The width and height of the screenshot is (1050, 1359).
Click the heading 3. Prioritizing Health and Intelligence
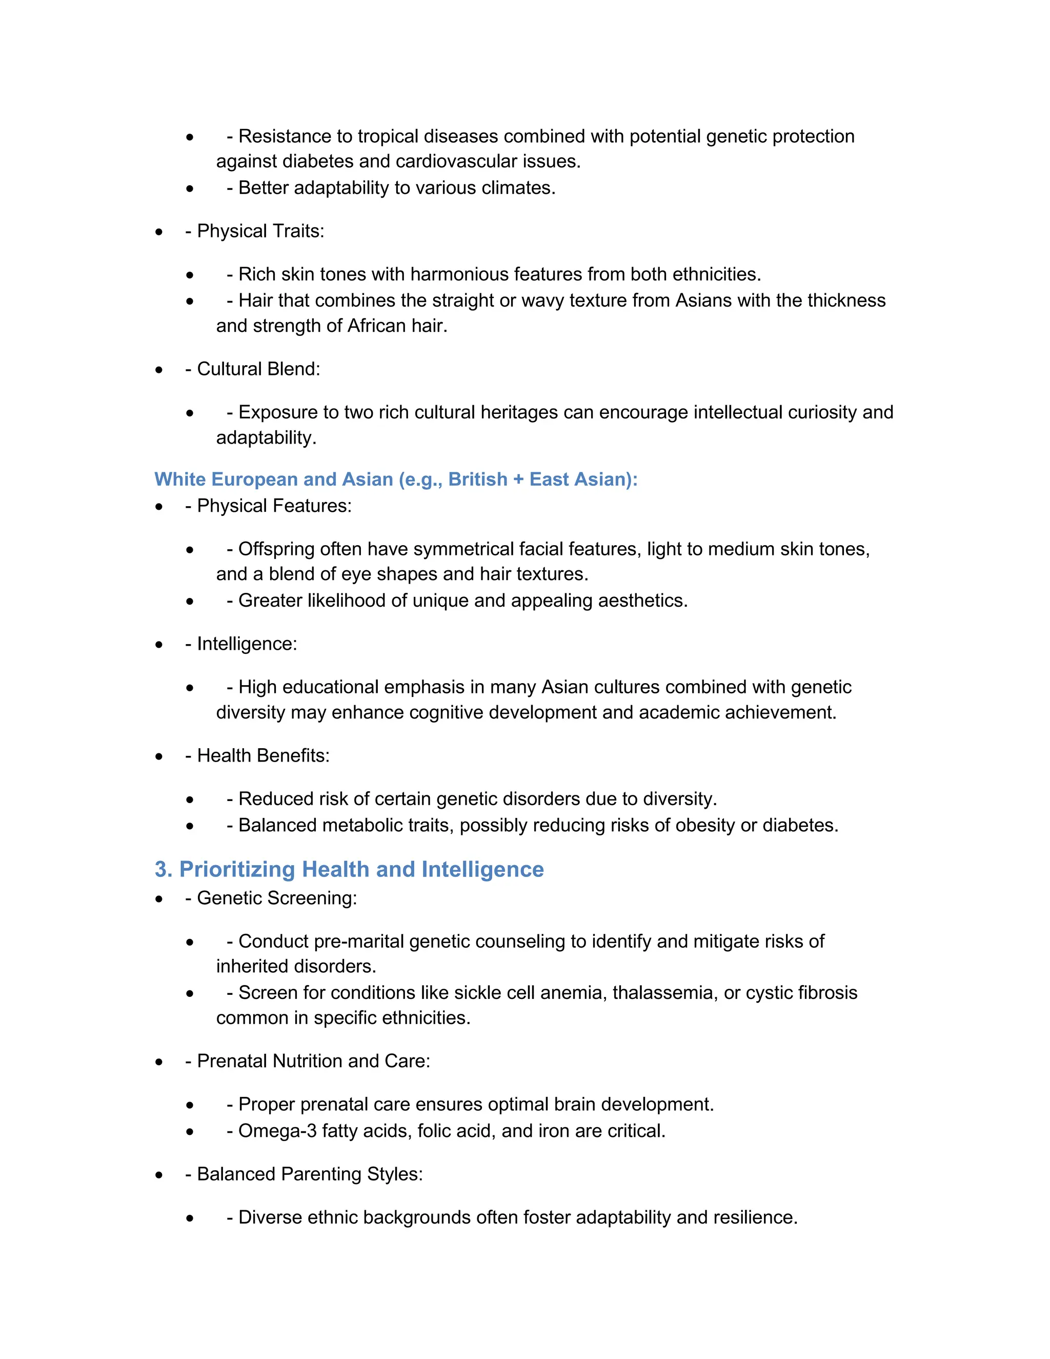coord(349,869)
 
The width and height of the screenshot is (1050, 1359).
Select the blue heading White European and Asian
coord(396,479)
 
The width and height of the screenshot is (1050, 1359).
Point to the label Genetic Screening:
coord(277,898)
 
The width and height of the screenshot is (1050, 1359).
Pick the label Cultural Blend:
coord(258,369)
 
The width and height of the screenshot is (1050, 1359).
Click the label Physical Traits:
coord(260,231)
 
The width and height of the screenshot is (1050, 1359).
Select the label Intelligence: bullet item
coord(247,644)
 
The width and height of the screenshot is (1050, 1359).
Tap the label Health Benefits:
coord(263,755)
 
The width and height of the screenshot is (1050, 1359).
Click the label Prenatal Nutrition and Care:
coord(313,1061)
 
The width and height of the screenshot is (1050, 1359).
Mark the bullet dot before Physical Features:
coord(159,507)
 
